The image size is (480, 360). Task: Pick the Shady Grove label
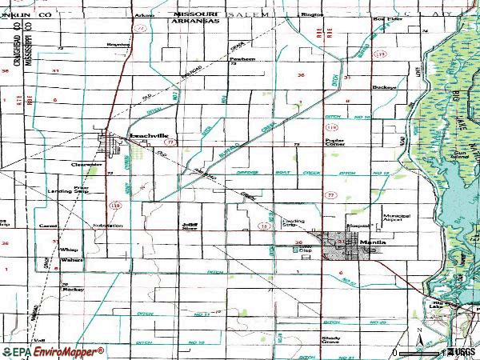point(330,340)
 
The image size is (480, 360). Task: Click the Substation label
point(107,226)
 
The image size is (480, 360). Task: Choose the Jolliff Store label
point(190,227)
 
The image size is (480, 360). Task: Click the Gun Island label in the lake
point(458,153)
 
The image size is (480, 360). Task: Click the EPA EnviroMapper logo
point(53,351)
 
